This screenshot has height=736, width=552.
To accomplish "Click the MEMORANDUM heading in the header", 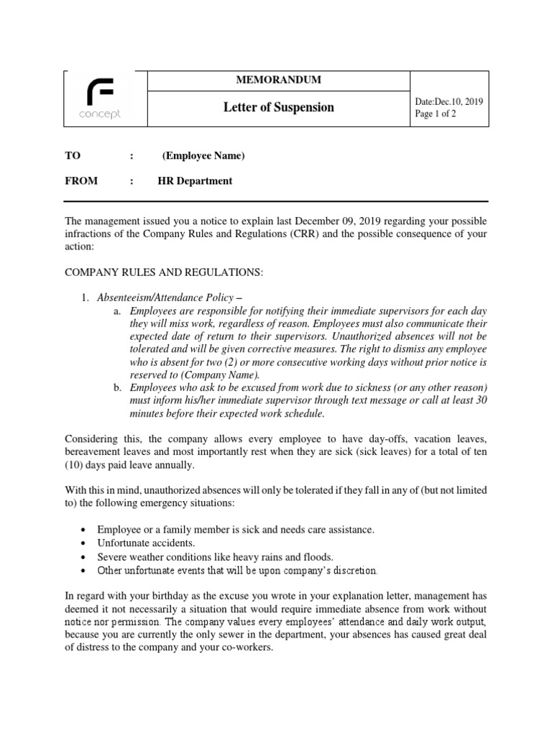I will pyautogui.click(x=277, y=80).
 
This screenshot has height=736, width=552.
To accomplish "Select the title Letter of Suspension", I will pyautogui.click(x=278, y=108).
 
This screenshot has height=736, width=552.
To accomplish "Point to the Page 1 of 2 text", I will pyautogui.click(x=436, y=114).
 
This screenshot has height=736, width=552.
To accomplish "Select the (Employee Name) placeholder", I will pyautogui.click(x=203, y=155).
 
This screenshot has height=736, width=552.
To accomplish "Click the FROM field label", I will pyautogui.click(x=81, y=181).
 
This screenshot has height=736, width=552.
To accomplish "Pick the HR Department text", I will pyautogui.click(x=195, y=181).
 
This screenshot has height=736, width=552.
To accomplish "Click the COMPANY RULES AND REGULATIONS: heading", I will pyautogui.click(x=165, y=272).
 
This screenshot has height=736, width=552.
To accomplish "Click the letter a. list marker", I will pyautogui.click(x=117, y=310).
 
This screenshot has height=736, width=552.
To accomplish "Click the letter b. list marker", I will pyautogui.click(x=117, y=388).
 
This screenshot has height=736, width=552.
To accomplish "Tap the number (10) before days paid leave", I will pyautogui.click(x=77, y=465).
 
